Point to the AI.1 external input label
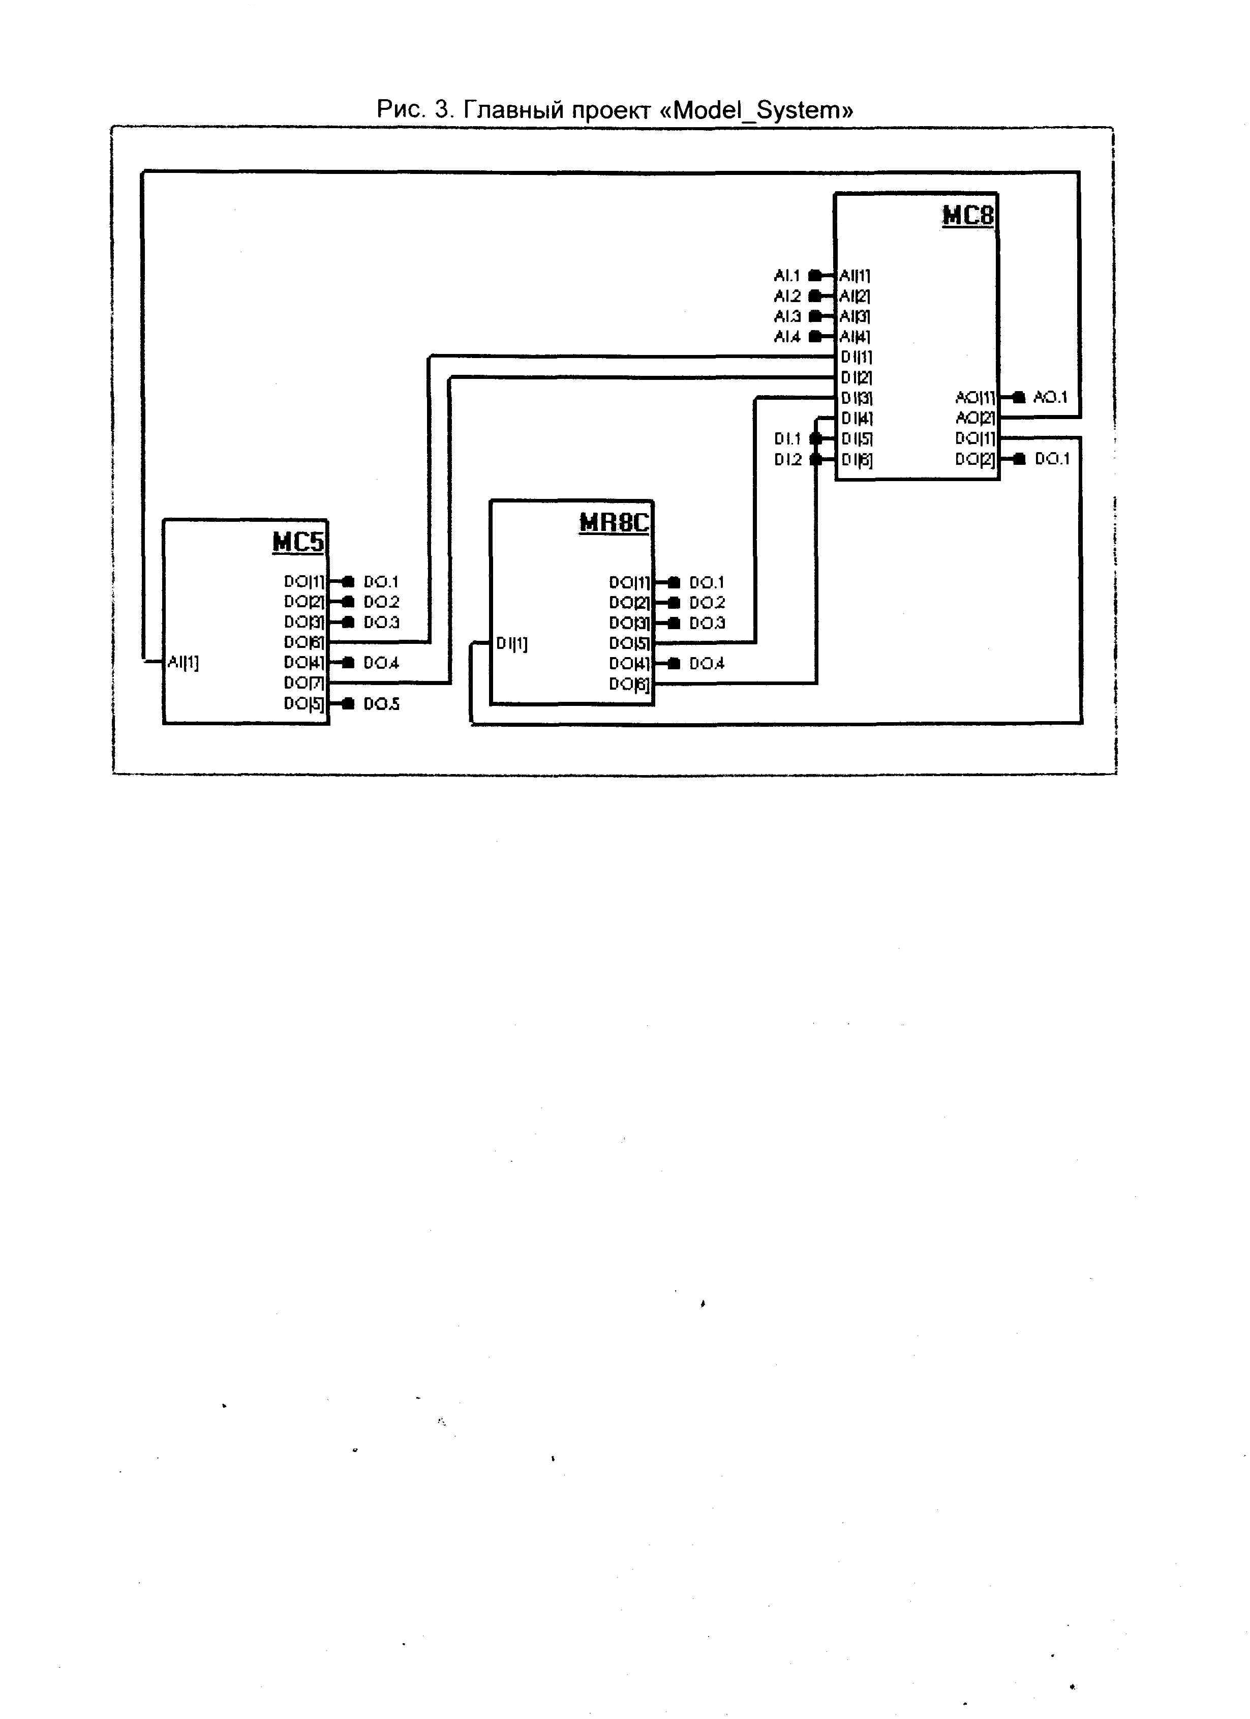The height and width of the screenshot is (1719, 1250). pos(786,275)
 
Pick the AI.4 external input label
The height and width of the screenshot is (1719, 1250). pos(786,337)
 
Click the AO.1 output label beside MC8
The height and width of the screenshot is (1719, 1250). pos(1050,397)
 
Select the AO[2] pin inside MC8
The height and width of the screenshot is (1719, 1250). pos(975,418)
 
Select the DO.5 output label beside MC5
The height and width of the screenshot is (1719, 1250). pos(381,704)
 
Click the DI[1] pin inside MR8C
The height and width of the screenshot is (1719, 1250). pos(512,643)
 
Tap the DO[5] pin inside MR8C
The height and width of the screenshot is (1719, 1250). pos(629,643)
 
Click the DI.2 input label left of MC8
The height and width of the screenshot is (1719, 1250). pos(787,459)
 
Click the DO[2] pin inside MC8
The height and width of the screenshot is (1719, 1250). pos(975,459)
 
